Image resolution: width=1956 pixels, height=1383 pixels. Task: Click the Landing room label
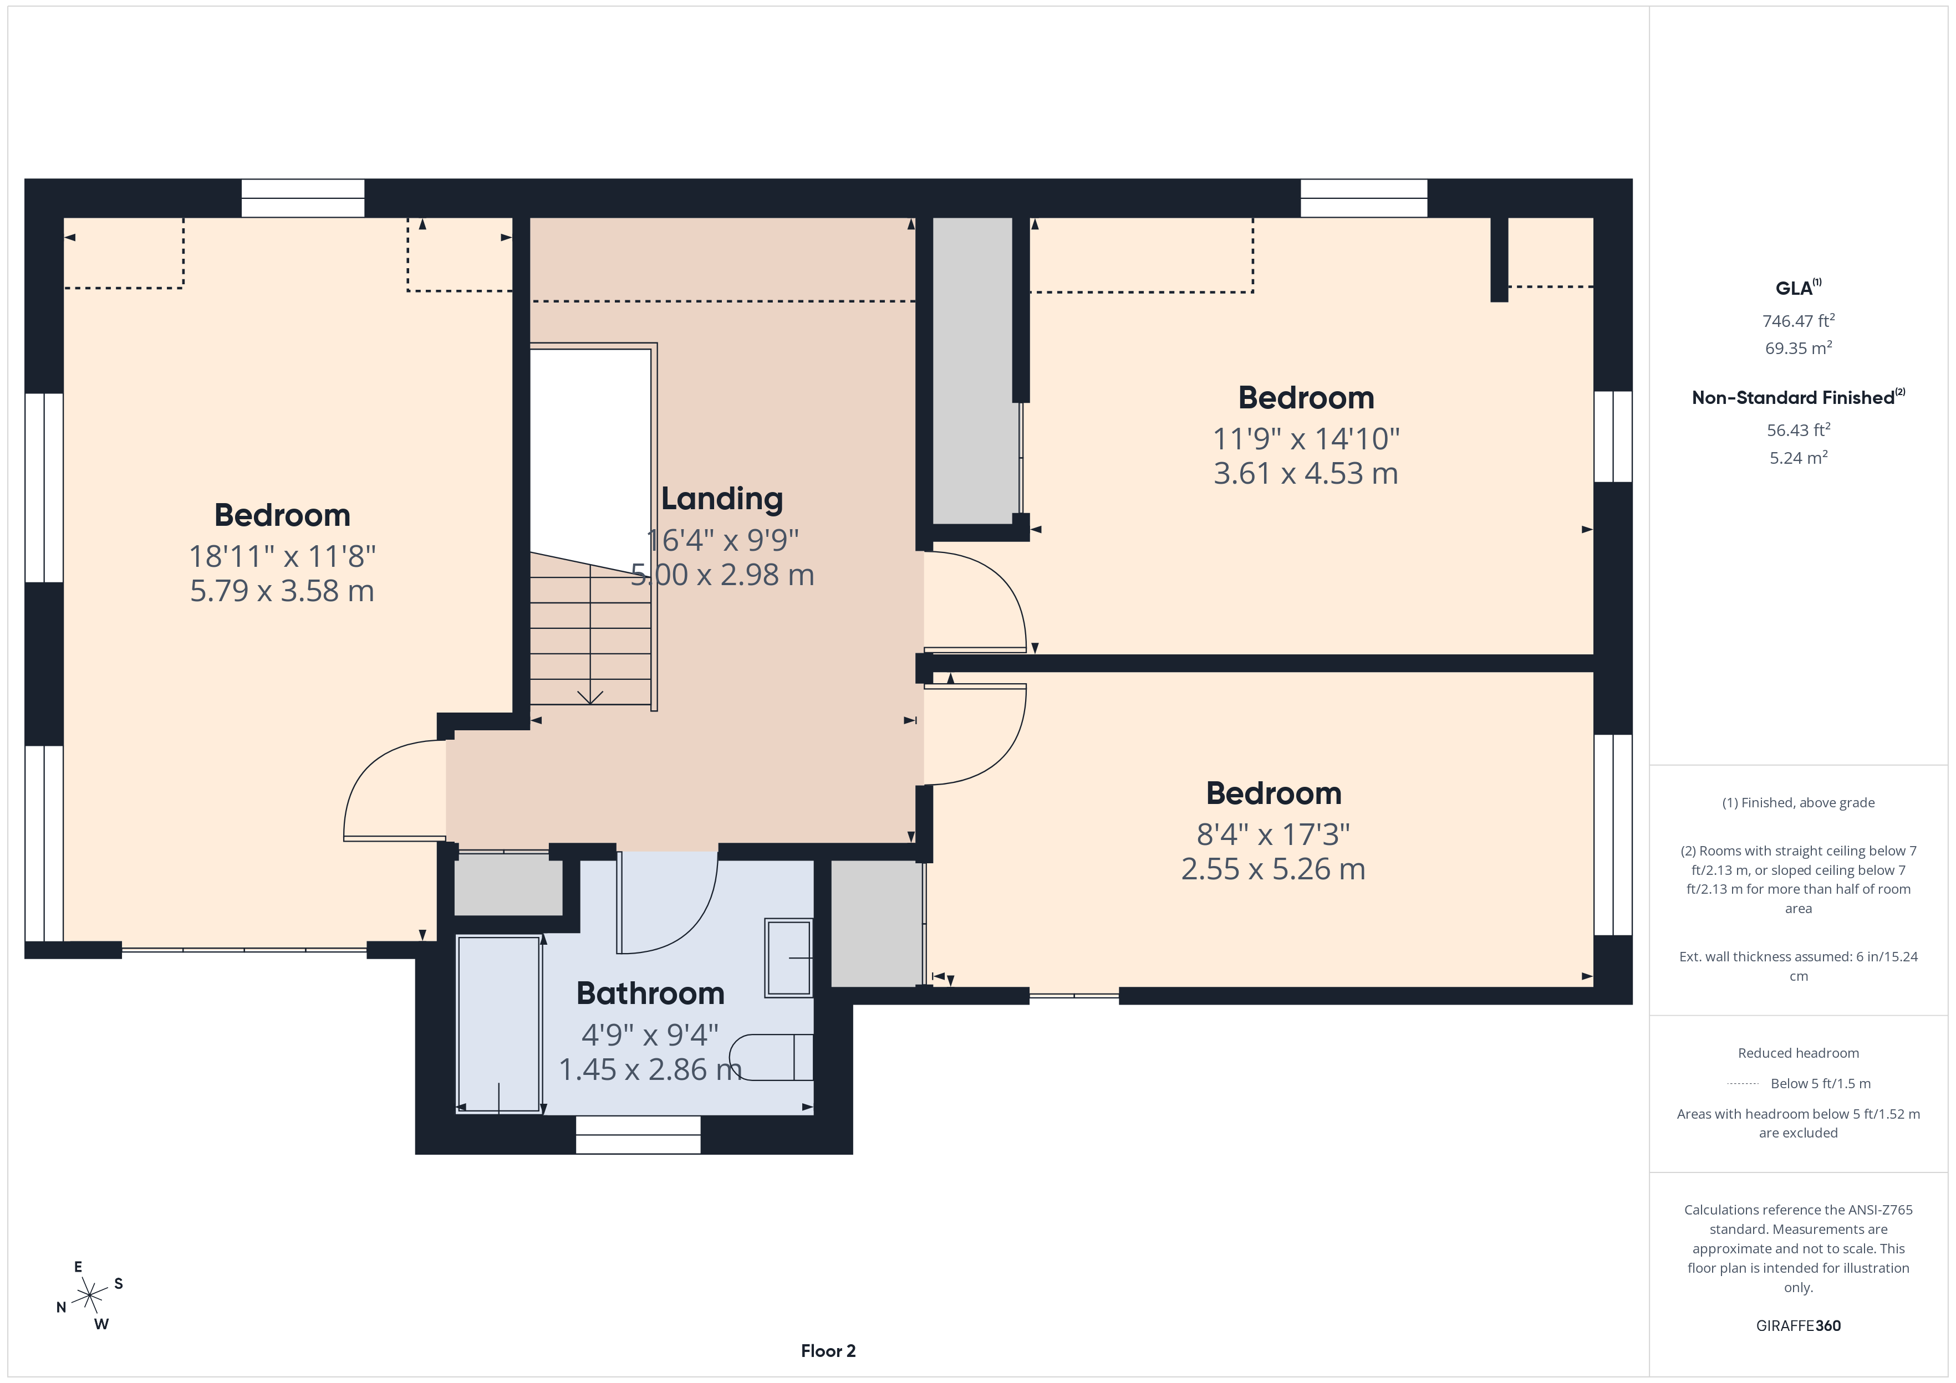pyautogui.click(x=721, y=499)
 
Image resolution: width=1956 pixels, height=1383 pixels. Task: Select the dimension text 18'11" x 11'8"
pyautogui.click(x=282, y=556)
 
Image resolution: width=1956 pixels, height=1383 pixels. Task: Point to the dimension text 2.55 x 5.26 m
pyautogui.click(x=1273, y=869)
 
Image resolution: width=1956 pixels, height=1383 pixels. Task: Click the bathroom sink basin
pyautogui.click(x=788, y=957)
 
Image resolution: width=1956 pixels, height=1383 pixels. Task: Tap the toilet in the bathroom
pyautogui.click(x=772, y=1057)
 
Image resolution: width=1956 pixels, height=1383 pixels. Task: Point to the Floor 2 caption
pyautogui.click(x=828, y=1351)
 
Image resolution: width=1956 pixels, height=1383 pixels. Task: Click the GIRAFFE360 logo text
pyautogui.click(x=1799, y=1325)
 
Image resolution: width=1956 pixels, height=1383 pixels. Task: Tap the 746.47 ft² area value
pyautogui.click(x=1799, y=320)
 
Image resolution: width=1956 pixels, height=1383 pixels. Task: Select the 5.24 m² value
pyautogui.click(x=1799, y=457)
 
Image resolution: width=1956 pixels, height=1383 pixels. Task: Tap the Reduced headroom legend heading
pyautogui.click(x=1799, y=1053)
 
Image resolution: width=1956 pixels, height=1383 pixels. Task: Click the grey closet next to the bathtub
pyautogui.click(x=508, y=885)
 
